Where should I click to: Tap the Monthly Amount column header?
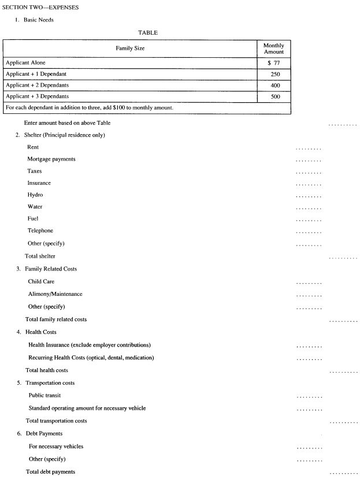pyautogui.click(x=273, y=48)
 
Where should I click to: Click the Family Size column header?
pyautogui.click(x=129, y=48)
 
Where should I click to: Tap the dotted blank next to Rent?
pyautogui.click(x=308, y=148)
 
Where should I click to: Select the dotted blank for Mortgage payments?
pyautogui.click(x=308, y=160)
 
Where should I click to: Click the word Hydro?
pyautogui.click(x=35, y=195)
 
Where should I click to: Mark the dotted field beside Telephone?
pyautogui.click(x=308, y=232)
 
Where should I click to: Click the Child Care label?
pyautogui.click(x=41, y=281)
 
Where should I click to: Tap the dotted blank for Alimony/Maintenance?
pyautogui.click(x=308, y=295)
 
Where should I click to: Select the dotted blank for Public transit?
pyautogui.click(x=308, y=397)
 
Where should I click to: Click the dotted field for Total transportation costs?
pyautogui.click(x=343, y=422)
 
